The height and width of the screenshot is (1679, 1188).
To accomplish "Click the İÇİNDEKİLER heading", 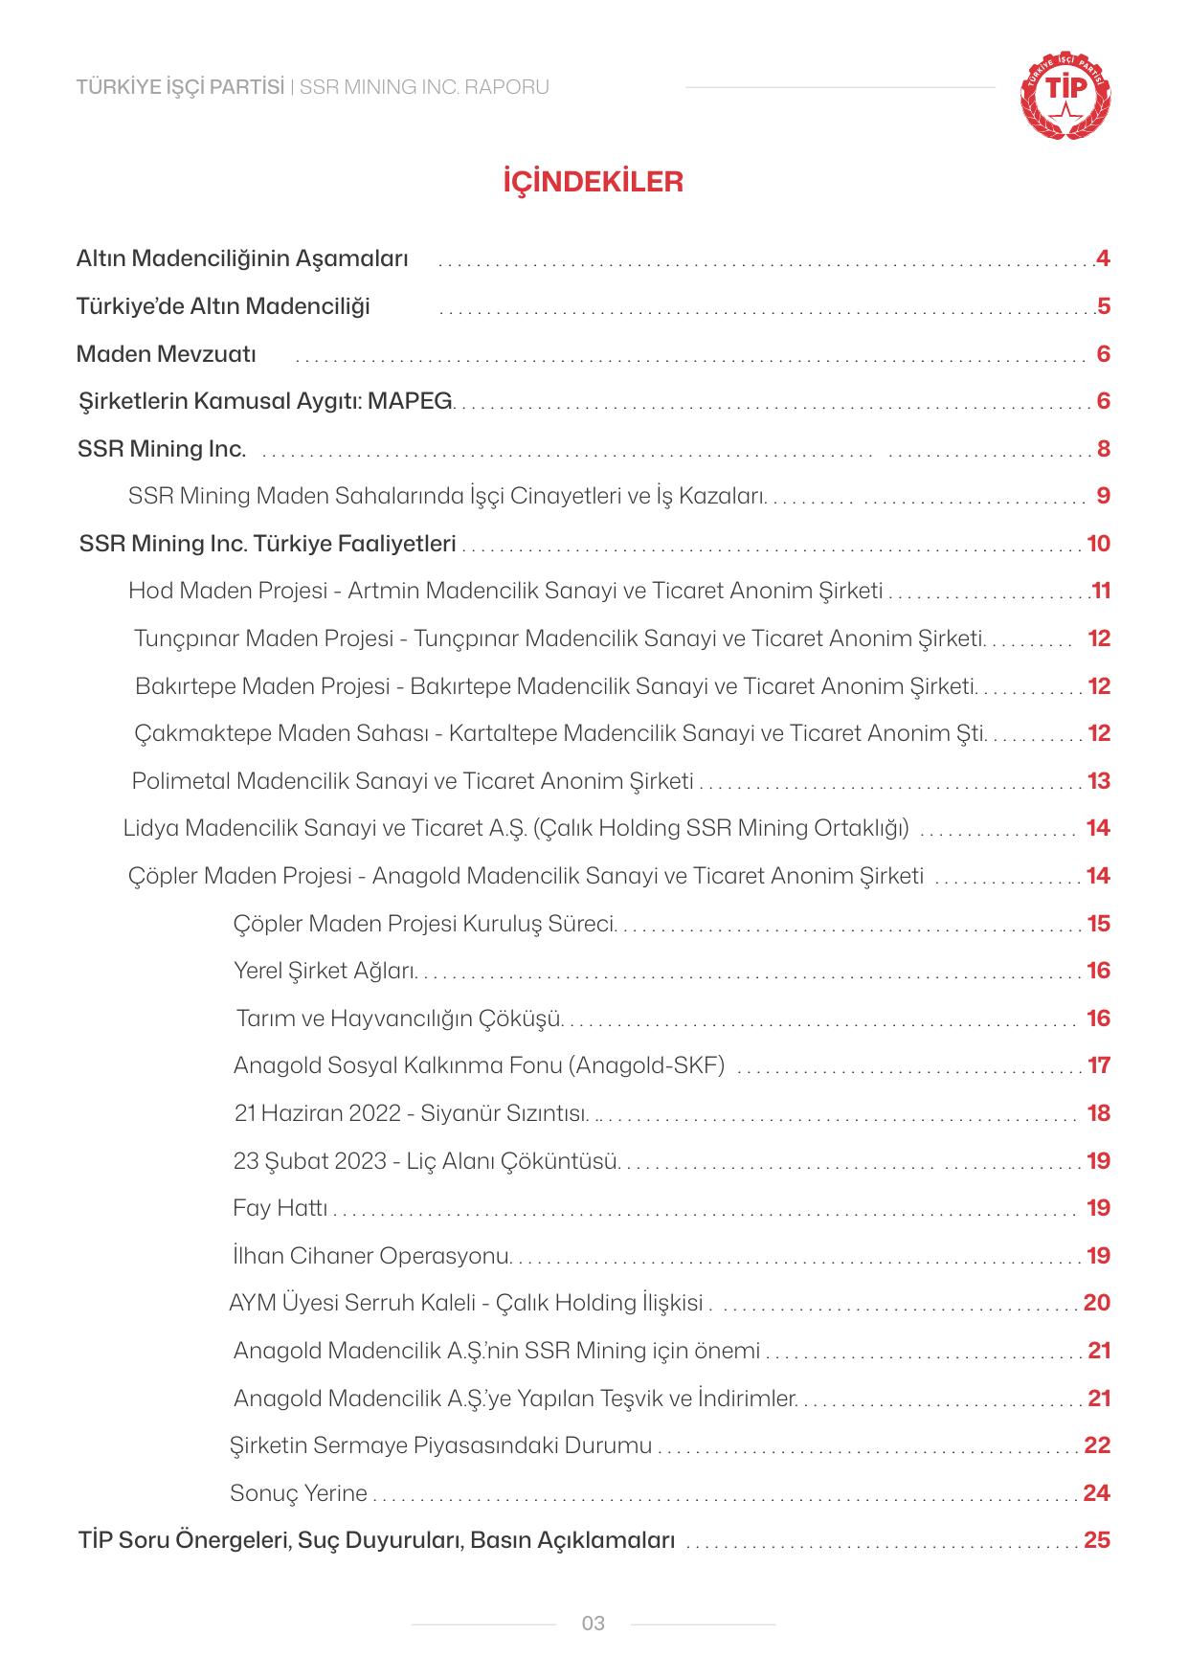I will (x=593, y=182).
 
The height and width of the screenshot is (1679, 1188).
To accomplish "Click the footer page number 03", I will (x=594, y=1623).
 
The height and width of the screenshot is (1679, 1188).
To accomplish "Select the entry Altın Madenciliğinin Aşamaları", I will (x=242, y=258).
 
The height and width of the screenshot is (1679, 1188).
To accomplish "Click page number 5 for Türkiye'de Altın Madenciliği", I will (x=1104, y=306).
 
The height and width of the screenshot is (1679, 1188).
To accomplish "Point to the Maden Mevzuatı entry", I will (x=167, y=354).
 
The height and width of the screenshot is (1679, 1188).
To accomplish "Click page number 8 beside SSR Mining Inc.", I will (x=1104, y=449).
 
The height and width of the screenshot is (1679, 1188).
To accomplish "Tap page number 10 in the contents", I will (x=1098, y=544).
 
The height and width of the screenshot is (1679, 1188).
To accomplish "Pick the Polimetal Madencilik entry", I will (x=413, y=781).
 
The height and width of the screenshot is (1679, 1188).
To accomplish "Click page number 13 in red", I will (x=1098, y=781).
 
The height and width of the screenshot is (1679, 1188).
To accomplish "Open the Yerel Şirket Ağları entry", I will (x=325, y=971).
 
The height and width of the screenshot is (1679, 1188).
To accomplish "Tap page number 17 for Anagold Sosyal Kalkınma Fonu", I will (x=1098, y=1065).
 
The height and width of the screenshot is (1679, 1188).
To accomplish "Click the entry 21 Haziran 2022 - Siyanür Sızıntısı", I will (x=411, y=1113).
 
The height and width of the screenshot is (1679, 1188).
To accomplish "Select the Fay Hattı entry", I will (x=280, y=1208).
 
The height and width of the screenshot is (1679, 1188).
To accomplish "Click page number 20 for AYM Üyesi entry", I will (x=1097, y=1303).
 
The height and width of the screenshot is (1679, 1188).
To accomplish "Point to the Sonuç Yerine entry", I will (x=299, y=1493).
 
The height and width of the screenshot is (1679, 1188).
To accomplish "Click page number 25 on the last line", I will (x=1097, y=1540).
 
